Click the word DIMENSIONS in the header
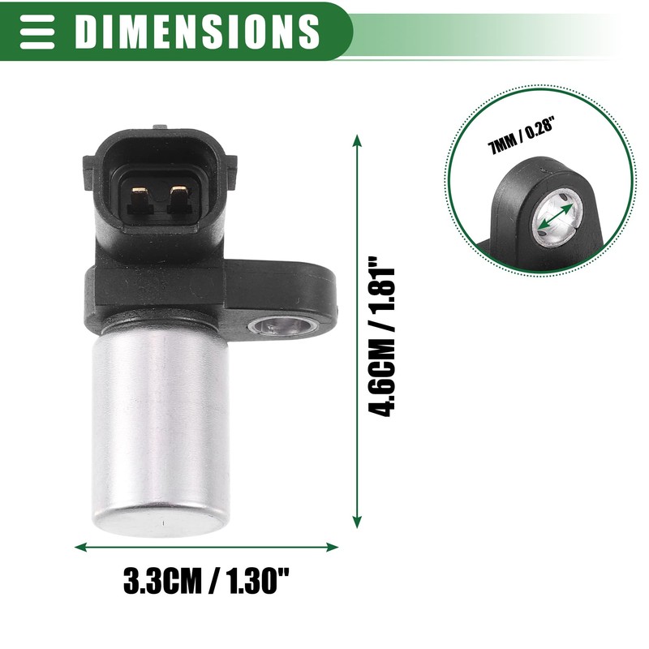click(197, 30)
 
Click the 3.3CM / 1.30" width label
click(206, 581)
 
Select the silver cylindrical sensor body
click(161, 422)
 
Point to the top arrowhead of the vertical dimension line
click(357, 140)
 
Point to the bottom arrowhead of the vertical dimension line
click(357, 525)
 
